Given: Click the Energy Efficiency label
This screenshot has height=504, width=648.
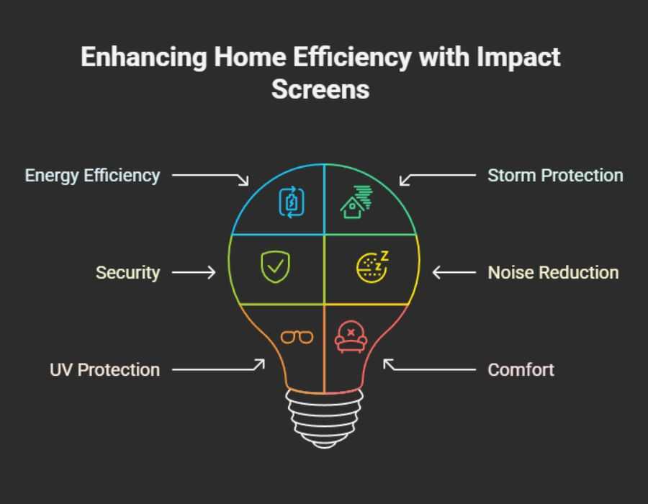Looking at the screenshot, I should (92, 175).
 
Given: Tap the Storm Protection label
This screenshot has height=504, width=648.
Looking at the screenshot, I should (555, 175).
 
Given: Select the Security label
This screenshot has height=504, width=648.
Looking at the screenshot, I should (127, 272).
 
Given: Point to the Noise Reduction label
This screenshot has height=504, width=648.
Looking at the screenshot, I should (553, 272).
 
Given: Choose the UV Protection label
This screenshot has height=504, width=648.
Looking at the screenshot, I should (104, 369).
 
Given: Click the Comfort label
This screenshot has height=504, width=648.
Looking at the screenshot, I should (521, 369).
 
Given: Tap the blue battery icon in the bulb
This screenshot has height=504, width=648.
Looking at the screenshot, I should (292, 202).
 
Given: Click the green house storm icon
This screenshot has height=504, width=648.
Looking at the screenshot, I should (355, 202).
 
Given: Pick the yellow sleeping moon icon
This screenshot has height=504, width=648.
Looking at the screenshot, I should (372, 266).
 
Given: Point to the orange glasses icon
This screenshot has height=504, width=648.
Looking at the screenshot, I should (297, 336).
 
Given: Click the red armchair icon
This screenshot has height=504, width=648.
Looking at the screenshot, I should (351, 337).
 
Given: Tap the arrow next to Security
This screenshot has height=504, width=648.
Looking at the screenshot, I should (194, 272).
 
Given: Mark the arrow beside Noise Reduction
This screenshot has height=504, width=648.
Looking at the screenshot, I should (454, 272).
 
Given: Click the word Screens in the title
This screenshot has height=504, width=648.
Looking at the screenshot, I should (320, 89).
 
